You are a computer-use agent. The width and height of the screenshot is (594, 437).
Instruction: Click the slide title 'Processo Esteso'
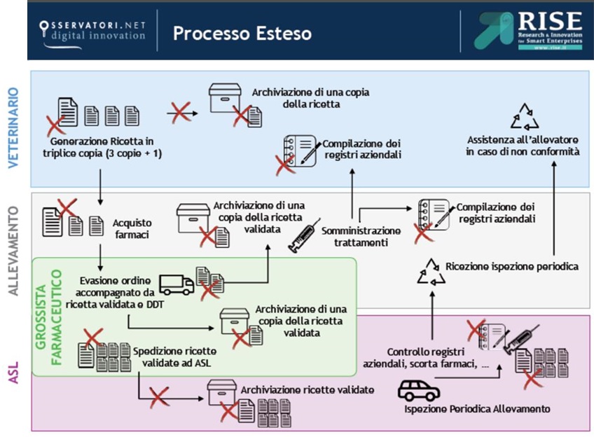click(x=242, y=34)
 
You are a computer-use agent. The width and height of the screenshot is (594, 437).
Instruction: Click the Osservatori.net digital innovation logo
click(x=92, y=32)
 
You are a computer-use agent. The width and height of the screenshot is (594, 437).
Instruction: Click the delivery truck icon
click(x=177, y=284)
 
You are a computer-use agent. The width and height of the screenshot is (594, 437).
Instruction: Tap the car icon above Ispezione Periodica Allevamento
click(x=418, y=389)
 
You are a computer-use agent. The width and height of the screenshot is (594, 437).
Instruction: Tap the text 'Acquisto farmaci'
click(x=132, y=228)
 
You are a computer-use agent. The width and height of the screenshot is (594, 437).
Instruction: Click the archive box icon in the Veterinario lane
click(x=226, y=99)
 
